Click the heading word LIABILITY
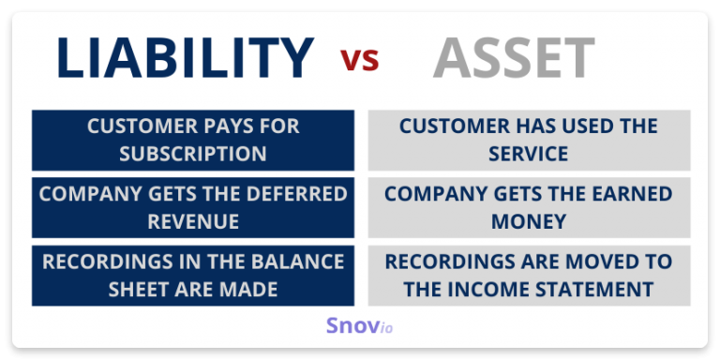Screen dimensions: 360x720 click(x=185, y=59)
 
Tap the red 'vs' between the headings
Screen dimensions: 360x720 click(x=360, y=61)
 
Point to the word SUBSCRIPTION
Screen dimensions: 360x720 click(x=192, y=154)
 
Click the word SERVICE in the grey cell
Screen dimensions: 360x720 click(x=529, y=154)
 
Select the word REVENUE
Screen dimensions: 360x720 click(x=192, y=221)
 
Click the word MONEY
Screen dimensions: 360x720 click(x=529, y=221)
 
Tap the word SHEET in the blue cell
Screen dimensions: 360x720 click(x=140, y=289)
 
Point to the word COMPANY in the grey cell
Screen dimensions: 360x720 click(x=429, y=194)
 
